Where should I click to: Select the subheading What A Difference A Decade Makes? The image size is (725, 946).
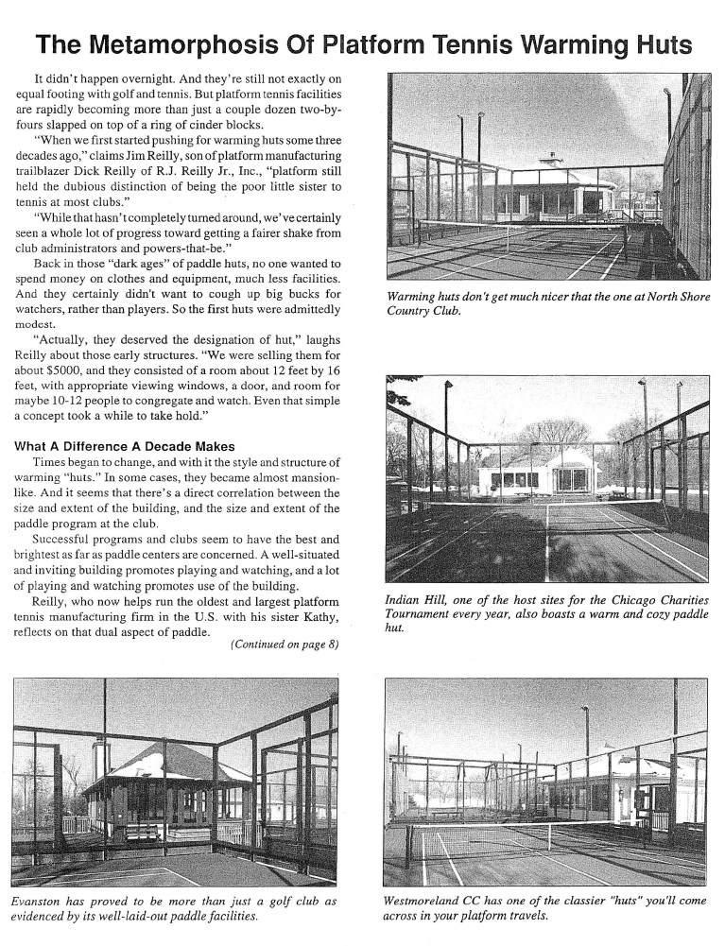126,446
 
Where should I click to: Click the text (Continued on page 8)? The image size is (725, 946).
285,646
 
